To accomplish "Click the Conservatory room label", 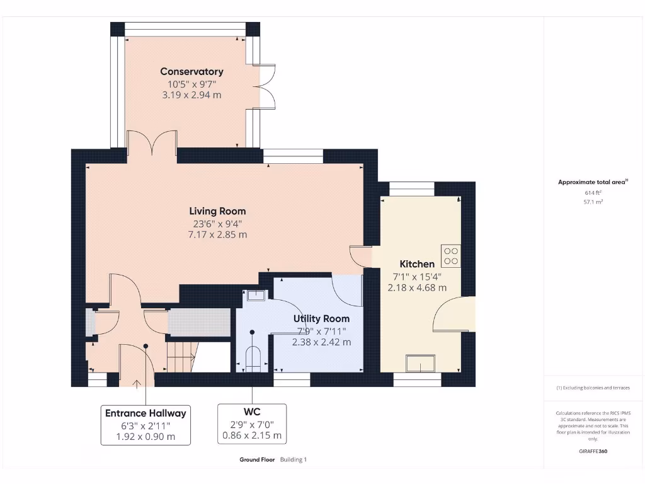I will tap(191, 71).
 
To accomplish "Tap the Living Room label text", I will tap(217, 211).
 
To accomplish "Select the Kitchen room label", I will tap(417, 264).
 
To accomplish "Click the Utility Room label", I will tap(321, 318).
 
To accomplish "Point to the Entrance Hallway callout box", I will tap(146, 425).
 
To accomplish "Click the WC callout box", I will tap(252, 423).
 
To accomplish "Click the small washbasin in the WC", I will tap(256, 295).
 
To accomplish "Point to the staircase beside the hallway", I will tap(181, 357).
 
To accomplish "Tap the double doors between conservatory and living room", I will tap(152, 142).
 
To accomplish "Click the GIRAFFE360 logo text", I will tap(593, 451).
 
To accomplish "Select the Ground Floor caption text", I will tap(257, 460).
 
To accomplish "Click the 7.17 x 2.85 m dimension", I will tap(217, 234).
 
